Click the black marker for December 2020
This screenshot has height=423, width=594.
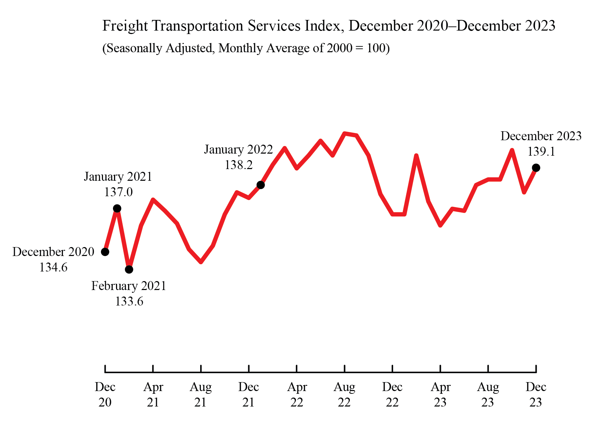point(105,252)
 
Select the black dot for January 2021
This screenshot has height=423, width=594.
point(117,209)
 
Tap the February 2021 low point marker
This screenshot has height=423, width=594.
point(129,269)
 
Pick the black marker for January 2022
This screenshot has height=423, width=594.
point(261,185)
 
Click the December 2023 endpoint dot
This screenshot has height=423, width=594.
point(536,168)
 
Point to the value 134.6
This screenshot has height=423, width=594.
point(53,267)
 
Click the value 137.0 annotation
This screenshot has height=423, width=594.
point(118,192)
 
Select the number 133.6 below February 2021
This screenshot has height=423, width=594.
point(129,301)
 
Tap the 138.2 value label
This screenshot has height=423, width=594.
point(239,165)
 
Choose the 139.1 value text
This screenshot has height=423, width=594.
point(541,152)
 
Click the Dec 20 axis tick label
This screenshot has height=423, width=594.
point(105,394)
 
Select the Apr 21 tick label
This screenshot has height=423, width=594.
point(153,394)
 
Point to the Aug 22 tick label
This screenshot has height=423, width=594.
point(344,394)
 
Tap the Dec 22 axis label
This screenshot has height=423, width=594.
point(392,394)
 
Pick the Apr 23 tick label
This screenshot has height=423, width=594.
point(440,394)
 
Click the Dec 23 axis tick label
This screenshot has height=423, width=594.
point(536,394)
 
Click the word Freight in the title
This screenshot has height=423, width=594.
point(125,26)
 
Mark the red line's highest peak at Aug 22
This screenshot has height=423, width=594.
point(345,133)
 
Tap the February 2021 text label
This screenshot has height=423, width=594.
point(129,286)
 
